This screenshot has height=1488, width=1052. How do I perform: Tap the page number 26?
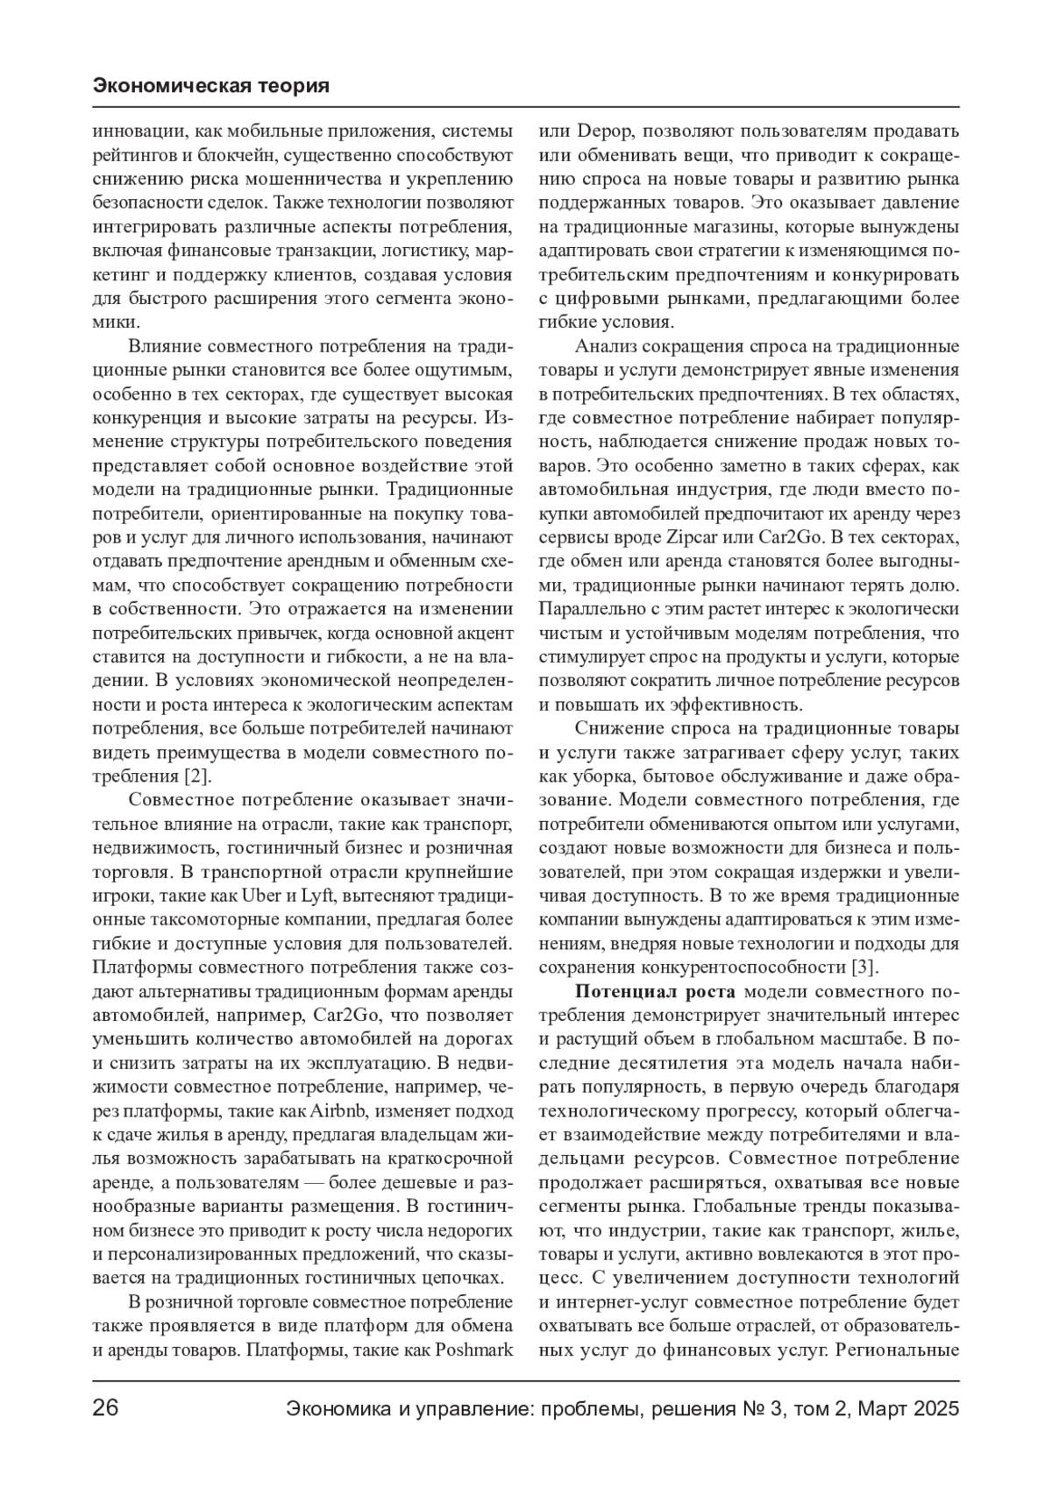tap(105, 1409)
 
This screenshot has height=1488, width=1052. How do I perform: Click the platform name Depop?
tap(600, 131)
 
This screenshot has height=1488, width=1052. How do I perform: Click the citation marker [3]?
tap(864, 967)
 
